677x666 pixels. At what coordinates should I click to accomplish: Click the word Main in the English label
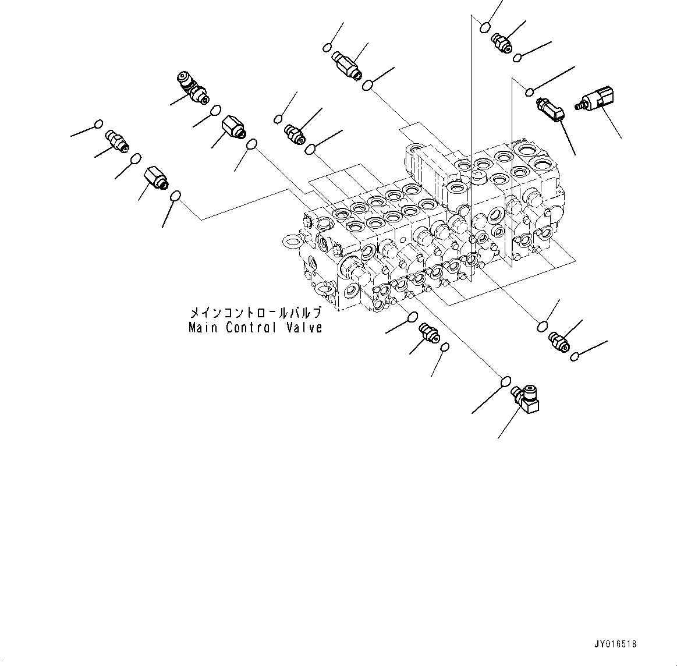coord(203,328)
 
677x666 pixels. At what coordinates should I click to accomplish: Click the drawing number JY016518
coord(616,644)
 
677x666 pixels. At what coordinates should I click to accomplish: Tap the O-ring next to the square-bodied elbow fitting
coord(506,381)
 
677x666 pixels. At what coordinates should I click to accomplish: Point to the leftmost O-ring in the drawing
coord(98,124)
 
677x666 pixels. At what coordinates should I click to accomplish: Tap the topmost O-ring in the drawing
coord(485,26)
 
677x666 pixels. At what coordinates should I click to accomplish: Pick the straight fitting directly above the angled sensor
coord(500,41)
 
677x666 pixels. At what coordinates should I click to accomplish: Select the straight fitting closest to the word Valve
coord(428,334)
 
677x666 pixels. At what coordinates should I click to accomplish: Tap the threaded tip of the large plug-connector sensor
coord(579,106)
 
